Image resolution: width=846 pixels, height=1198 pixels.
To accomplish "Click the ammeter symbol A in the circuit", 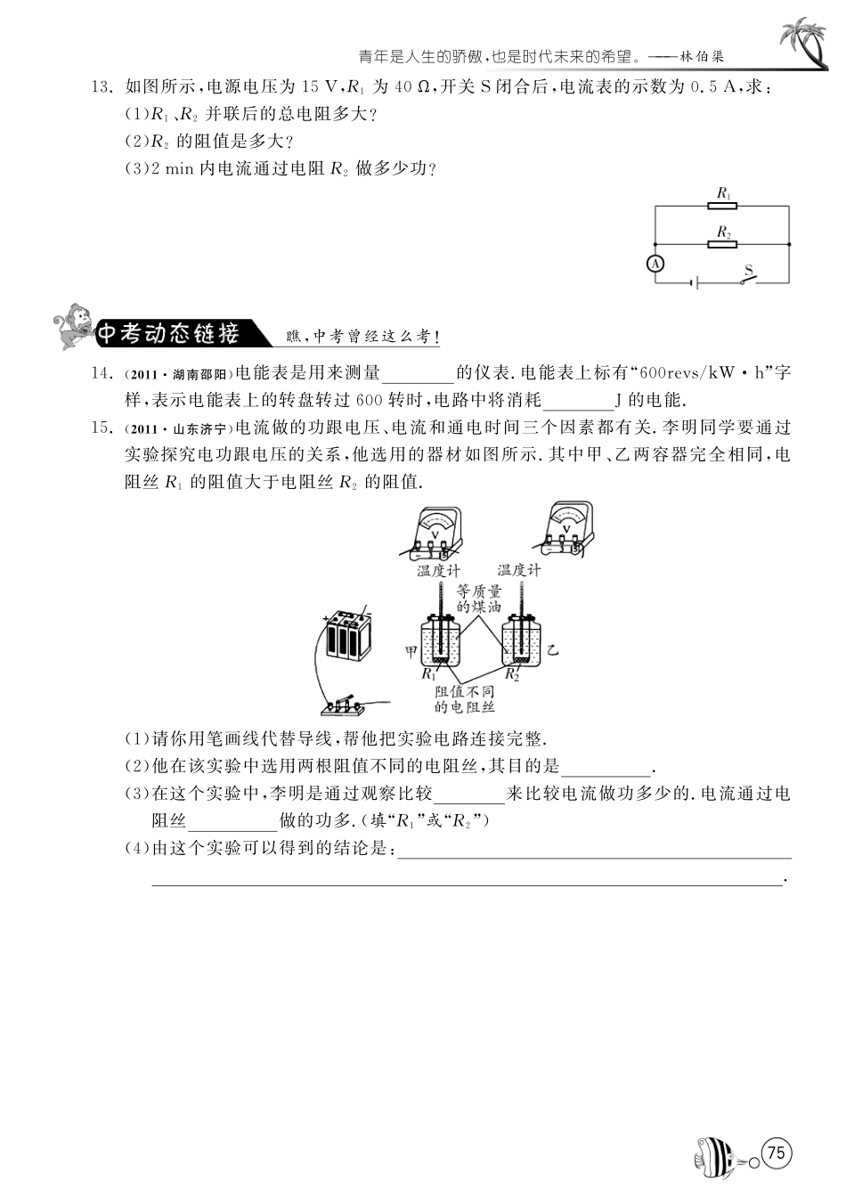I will click(655, 264).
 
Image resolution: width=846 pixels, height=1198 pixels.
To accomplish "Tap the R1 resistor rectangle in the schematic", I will click(723, 205).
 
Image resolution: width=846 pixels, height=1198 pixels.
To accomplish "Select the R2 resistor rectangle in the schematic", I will click(723, 243).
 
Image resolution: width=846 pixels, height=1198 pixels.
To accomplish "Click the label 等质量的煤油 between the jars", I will click(478, 599).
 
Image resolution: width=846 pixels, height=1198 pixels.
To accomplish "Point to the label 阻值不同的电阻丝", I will click(465, 699).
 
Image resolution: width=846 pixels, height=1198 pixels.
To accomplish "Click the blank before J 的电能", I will click(577, 400).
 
